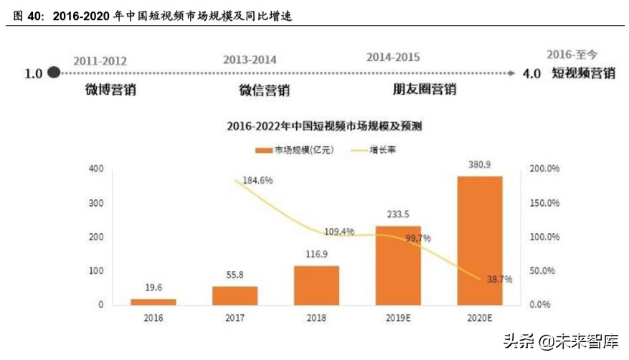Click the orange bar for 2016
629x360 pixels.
tap(153, 301)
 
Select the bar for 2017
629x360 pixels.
tap(235, 295)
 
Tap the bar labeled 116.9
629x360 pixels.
tap(316, 285)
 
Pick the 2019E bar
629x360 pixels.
tap(398, 265)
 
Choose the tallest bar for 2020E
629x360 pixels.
tap(480, 240)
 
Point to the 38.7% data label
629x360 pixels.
tap(498, 279)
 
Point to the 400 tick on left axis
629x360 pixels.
tap(96, 169)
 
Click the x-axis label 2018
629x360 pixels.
tap(316, 316)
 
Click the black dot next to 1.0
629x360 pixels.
tap(53, 72)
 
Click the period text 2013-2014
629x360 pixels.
tap(250, 60)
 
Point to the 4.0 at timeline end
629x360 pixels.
tap(531, 73)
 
